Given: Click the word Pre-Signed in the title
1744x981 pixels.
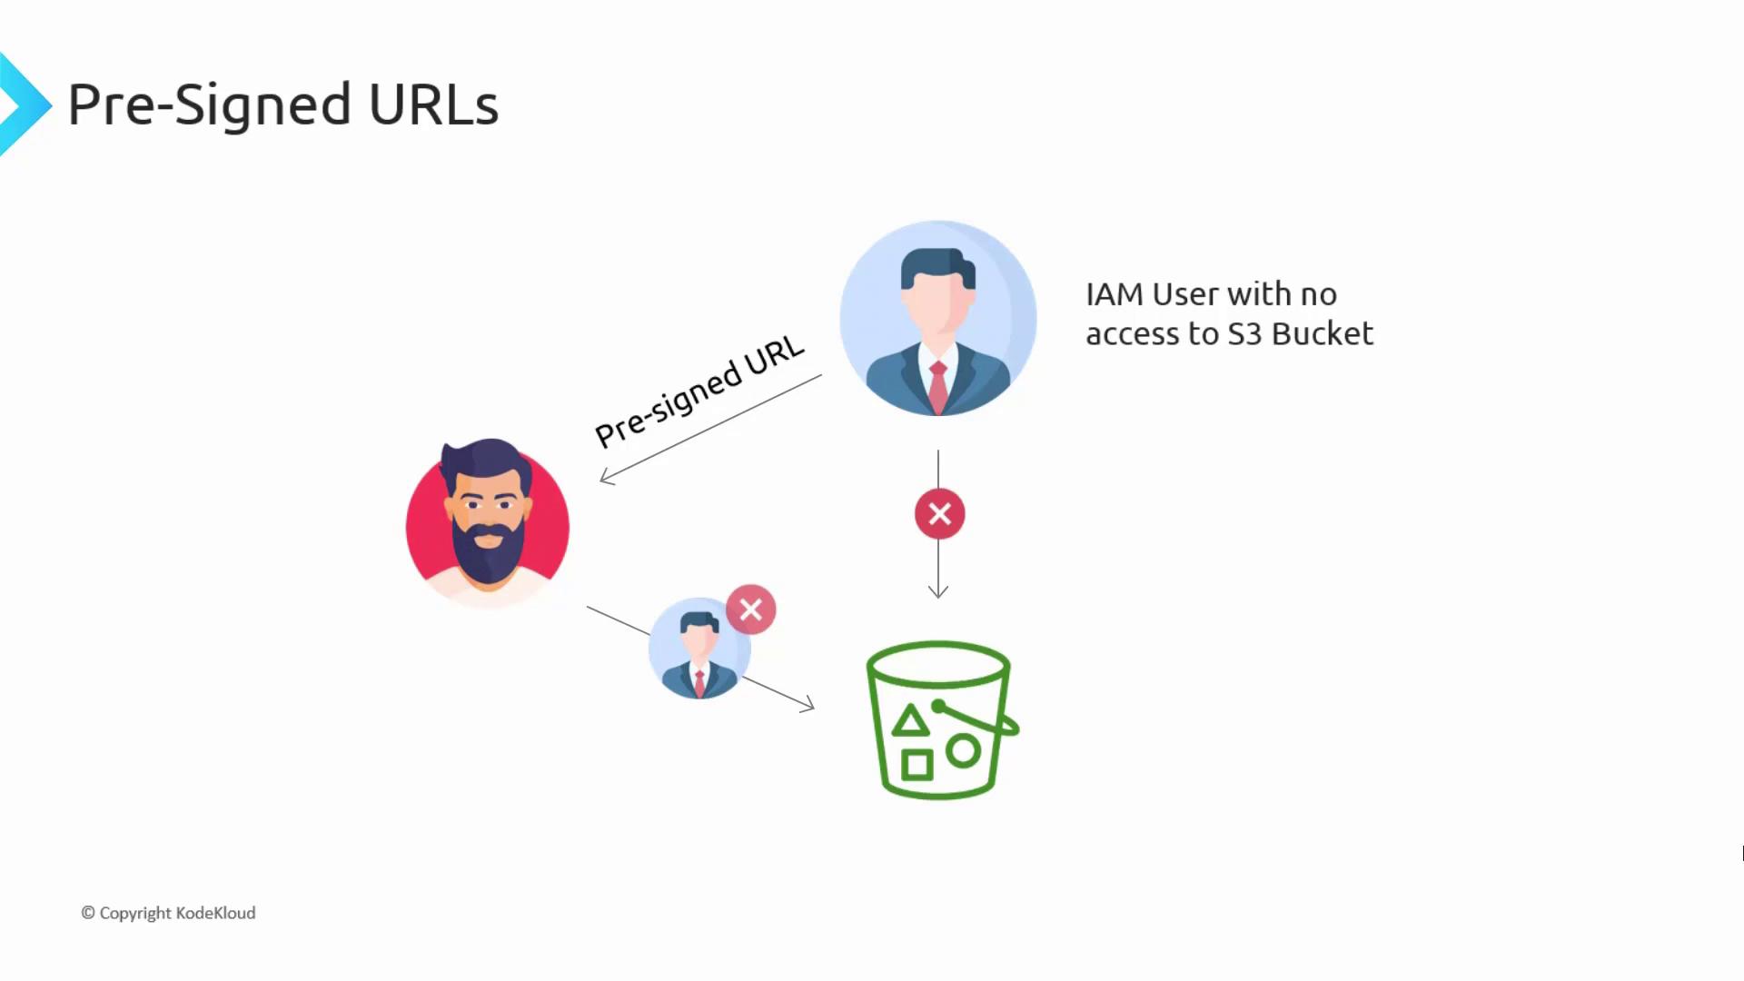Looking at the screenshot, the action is coord(209,105).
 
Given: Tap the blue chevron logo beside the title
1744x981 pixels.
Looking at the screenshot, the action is coord(25,104).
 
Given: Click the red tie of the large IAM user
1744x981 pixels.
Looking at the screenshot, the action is coord(938,387).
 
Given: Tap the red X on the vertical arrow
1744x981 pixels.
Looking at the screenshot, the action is coord(939,514).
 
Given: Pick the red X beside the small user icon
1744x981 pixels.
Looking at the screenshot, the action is coord(751,609).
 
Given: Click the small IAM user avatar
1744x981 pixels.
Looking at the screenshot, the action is coord(699,649).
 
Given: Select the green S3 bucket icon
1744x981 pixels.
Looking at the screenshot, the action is coord(942,720).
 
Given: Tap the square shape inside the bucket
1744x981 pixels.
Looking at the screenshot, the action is coord(917,765).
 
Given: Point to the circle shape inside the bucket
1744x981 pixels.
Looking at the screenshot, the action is coord(963,751).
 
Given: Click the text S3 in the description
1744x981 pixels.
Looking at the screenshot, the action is coord(1245,334).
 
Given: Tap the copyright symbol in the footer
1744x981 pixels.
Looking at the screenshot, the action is coord(88,913).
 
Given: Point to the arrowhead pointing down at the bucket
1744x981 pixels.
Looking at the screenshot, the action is coord(938,591).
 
